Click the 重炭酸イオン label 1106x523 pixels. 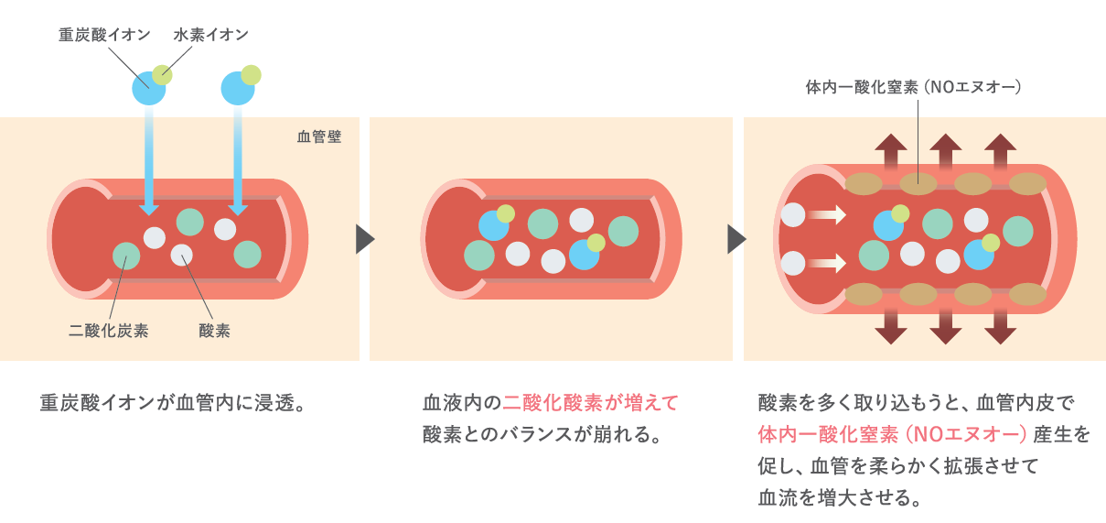[104, 35]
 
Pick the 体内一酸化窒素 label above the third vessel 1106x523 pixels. [912, 89]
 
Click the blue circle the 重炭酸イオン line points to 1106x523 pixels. [148, 88]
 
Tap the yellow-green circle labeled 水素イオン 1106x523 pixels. [163, 74]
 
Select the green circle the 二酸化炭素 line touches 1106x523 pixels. [126, 256]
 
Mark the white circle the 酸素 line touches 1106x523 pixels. [182, 256]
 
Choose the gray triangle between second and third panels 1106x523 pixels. [736, 239]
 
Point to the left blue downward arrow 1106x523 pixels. [150, 165]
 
